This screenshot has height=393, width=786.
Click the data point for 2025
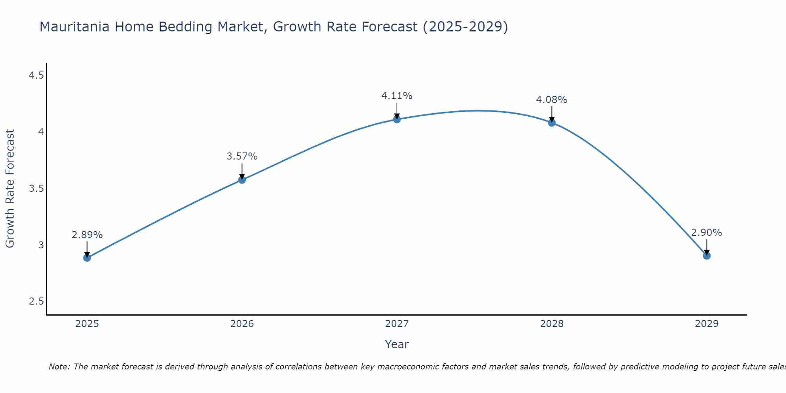(87, 258)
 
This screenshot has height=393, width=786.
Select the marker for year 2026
(242, 180)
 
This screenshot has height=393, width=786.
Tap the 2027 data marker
(397, 119)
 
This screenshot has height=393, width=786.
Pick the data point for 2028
(552, 123)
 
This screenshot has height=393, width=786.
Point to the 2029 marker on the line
(707, 256)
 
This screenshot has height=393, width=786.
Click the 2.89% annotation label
(87, 235)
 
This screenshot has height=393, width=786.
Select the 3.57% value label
(242, 156)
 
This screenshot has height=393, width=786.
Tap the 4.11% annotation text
(397, 96)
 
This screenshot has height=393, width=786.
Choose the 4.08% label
(552, 100)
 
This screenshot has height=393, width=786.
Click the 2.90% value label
(707, 233)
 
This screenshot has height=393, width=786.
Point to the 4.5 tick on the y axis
(36, 75)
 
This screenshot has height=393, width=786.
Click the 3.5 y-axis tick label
(36, 189)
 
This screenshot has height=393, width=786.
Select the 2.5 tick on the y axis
(36, 302)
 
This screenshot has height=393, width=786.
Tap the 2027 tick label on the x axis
(397, 324)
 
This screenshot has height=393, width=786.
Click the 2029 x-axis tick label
(707, 324)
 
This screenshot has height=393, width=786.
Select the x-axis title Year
(397, 344)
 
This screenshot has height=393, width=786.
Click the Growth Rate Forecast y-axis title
(10, 189)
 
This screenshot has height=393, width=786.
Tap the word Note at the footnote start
(59, 367)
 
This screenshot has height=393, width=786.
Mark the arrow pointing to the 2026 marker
(242, 171)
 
